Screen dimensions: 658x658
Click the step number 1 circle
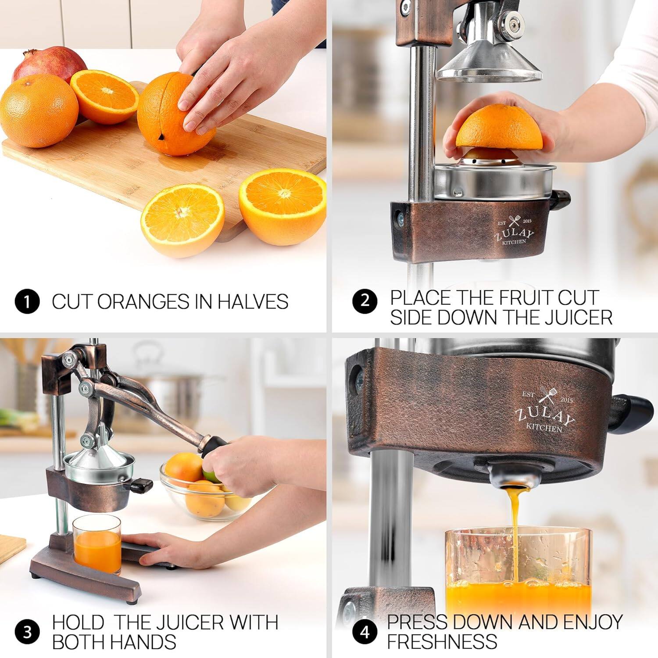pyautogui.click(x=27, y=302)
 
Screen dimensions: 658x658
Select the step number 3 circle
pyautogui.click(x=27, y=632)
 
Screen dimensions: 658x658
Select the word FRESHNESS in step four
pyautogui.click(x=442, y=641)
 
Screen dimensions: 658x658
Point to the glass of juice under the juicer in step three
pyautogui.click(x=97, y=544)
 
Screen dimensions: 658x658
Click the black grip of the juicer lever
pyautogui.click(x=213, y=447)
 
